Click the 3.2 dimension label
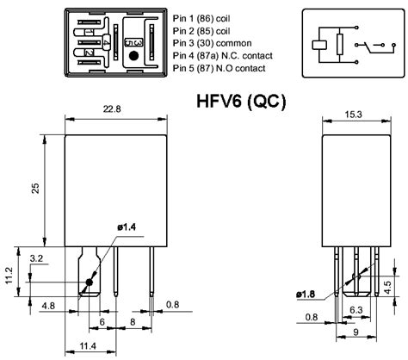(37, 258)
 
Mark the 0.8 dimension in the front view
(173, 304)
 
